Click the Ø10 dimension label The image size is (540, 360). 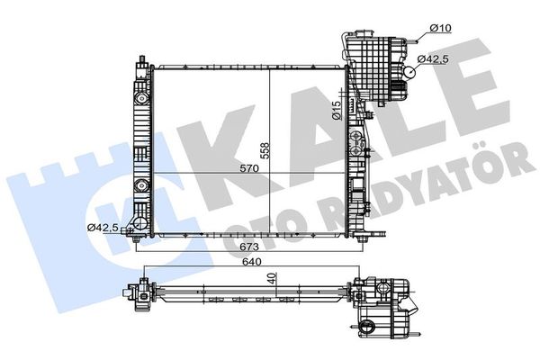pos(439,30)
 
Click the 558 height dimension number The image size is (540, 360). pos(265,150)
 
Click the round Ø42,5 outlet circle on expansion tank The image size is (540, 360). pos(410,75)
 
